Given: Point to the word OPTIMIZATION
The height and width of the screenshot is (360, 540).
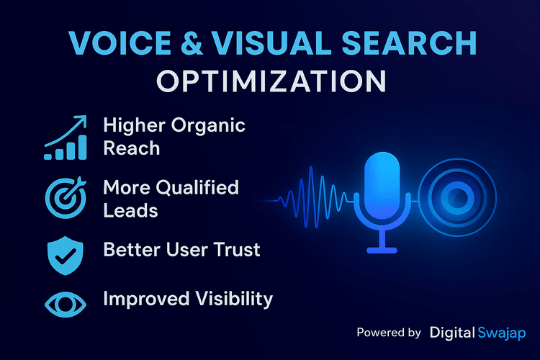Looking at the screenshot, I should (x=270, y=81).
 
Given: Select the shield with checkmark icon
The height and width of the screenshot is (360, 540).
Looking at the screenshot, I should (x=66, y=251).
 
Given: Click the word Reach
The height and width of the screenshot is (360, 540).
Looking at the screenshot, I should (x=131, y=148).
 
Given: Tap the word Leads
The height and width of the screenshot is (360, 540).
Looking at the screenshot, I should (x=130, y=210).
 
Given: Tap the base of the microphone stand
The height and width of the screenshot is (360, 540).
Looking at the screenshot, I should (x=381, y=250).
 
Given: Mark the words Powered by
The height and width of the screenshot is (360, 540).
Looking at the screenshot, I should (x=389, y=333).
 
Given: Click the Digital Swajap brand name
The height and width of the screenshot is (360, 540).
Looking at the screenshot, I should (x=477, y=333).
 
